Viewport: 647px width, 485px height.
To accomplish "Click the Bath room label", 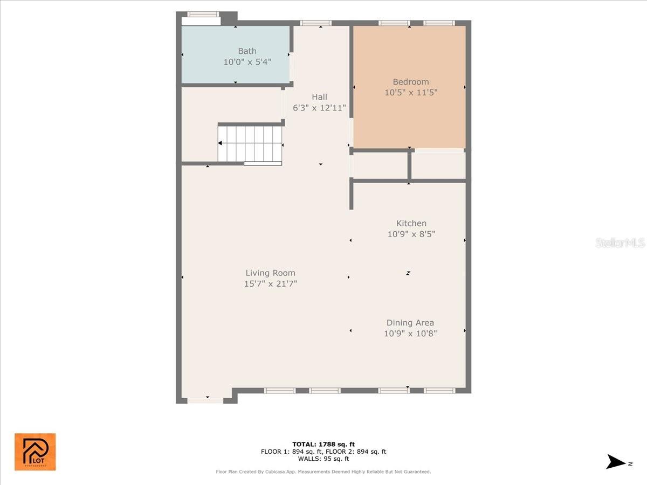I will pos(247,51).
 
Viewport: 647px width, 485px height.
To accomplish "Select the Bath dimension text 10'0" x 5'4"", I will pos(247,62).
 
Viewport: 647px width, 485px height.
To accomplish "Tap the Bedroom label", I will pos(411,82).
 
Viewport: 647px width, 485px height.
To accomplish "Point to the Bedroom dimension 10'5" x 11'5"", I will pos(411,93).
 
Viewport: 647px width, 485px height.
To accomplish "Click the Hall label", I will pos(319,97).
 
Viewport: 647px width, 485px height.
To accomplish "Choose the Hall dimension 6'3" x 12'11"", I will pos(319,108).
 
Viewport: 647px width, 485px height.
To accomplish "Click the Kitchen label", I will pos(411,223).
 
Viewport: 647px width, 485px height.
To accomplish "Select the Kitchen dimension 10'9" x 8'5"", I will pos(411,234).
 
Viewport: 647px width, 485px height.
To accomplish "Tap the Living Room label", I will pos(271,273).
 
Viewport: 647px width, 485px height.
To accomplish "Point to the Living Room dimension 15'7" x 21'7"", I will pos(271,283).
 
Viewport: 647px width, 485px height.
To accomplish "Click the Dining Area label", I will pos(410,323).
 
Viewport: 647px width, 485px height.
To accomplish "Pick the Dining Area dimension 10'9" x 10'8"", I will pos(410,334).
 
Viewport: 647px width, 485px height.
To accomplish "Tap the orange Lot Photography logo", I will pos(35,452).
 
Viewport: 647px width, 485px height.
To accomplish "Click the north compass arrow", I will pos(616,462).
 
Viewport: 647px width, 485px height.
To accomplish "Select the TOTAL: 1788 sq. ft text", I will pos(323,444).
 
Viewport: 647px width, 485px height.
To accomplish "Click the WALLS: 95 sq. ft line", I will pos(323,459).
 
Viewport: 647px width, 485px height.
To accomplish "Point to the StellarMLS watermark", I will pos(620,243).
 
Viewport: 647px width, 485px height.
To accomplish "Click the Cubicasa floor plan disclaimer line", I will pos(323,472).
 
